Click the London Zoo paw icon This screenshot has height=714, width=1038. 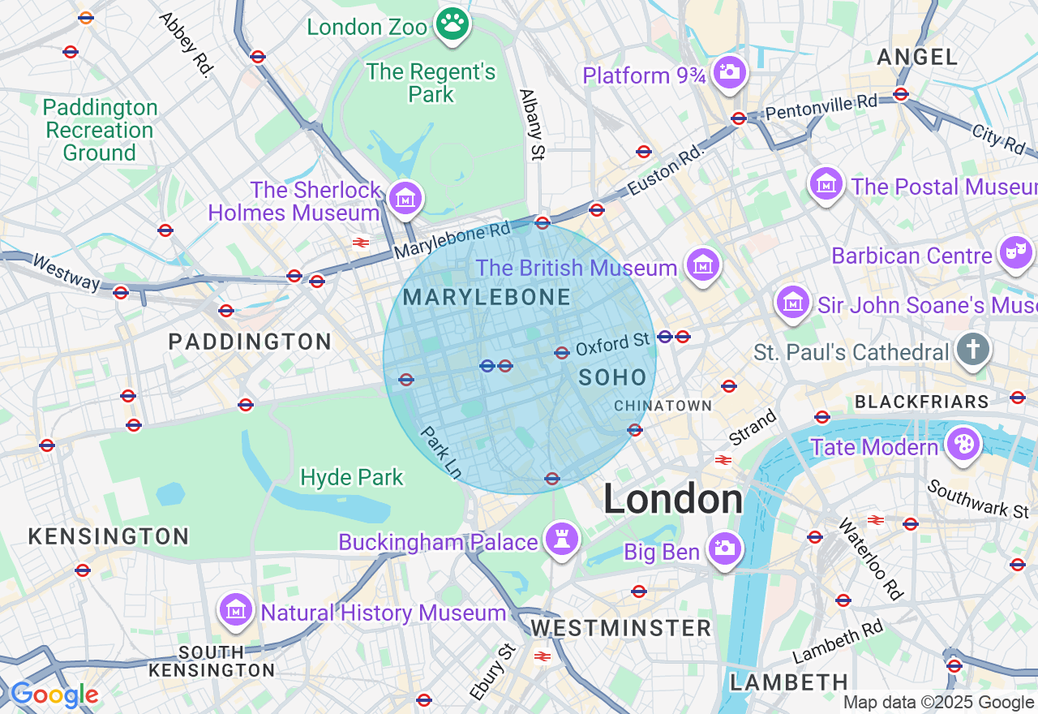click(x=453, y=24)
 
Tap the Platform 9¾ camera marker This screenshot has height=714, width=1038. click(x=729, y=72)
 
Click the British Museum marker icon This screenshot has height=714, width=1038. click(x=702, y=265)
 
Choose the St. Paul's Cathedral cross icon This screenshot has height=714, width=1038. click(x=972, y=350)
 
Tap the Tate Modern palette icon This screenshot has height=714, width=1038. click(x=964, y=445)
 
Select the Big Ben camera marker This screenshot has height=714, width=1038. click(x=724, y=549)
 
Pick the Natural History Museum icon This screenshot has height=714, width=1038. click(x=236, y=610)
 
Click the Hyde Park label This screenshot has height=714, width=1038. click(x=352, y=477)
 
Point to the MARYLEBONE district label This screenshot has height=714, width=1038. click(x=487, y=298)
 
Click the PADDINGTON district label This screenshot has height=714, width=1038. click(x=250, y=342)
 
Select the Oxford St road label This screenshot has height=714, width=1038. click(x=613, y=345)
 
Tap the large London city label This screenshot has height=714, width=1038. click(x=672, y=499)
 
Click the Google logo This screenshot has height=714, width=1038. click(x=54, y=695)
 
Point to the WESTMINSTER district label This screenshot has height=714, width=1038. click(x=620, y=628)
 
